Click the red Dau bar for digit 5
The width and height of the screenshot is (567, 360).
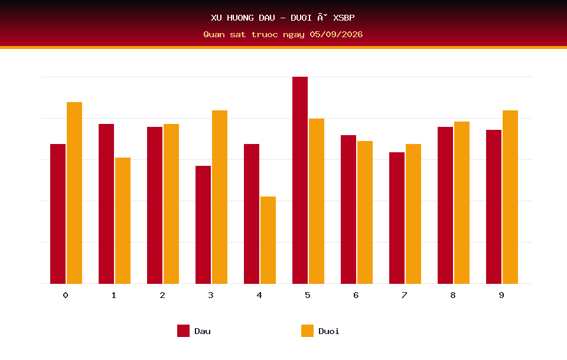pos(300,180)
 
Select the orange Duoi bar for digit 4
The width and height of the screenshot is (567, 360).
pos(268,240)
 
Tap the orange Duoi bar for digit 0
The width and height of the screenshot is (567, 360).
pos(74,193)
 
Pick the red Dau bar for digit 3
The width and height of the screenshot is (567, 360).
pos(203,225)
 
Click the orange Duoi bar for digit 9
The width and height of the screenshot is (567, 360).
pos(510,197)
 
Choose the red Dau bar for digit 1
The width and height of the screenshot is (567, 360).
pos(106,204)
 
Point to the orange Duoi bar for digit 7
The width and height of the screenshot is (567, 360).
pos(413,214)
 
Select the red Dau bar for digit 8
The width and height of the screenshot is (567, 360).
pos(445,205)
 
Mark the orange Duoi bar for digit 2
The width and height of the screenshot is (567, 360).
pos(171,204)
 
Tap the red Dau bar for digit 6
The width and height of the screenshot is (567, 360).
pos(348,210)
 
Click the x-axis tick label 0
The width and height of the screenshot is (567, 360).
pos(66,295)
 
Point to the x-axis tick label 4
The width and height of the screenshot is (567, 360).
pos(259,295)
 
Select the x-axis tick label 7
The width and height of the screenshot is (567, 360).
pos(405,295)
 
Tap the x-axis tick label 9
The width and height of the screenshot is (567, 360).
pos(501,295)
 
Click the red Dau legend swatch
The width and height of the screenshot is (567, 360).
pos(183,330)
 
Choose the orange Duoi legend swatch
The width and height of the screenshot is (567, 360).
pos(307,330)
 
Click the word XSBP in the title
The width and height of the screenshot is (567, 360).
pos(344,18)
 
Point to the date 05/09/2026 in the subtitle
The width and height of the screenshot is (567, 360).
pos(336,34)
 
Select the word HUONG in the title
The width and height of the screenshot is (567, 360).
pos(240,18)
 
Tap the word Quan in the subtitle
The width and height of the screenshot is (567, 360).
pos(214,34)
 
